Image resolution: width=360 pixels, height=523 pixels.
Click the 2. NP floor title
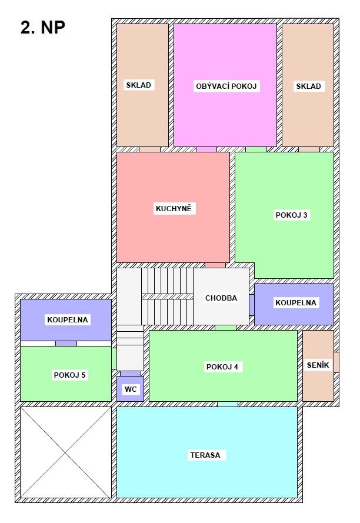pyautogui.click(x=43, y=27)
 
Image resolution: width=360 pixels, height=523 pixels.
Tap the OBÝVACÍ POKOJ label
pyautogui.click(x=226, y=86)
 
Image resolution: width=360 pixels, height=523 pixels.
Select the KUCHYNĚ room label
pyautogui.click(x=174, y=209)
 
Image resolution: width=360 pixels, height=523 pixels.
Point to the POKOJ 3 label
pyautogui.click(x=291, y=215)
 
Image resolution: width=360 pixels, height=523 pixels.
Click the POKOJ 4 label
pyautogui.click(x=222, y=367)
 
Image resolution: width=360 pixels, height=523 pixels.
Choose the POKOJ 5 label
pyautogui.click(x=70, y=375)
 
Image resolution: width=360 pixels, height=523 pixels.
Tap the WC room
pyautogui.click(x=130, y=389)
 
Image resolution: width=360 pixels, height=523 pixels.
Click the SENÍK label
pyautogui.click(x=318, y=365)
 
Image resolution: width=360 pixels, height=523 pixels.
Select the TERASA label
pyautogui.click(x=205, y=455)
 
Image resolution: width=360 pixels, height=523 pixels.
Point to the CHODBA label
pyautogui.click(x=221, y=298)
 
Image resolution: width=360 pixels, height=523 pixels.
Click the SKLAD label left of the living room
pyautogui.click(x=138, y=85)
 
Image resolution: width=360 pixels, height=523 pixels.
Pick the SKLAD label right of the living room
pyautogui.click(x=309, y=86)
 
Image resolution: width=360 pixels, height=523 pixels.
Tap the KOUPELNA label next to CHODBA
pyautogui.click(x=296, y=303)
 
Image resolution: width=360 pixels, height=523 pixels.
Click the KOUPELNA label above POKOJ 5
pyautogui.click(x=68, y=320)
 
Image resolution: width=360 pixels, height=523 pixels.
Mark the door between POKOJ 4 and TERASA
pyautogui.click(x=228, y=404)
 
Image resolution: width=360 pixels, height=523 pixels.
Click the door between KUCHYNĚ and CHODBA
pyautogui.click(x=215, y=265)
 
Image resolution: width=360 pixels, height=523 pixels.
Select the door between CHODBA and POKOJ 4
pyautogui.click(x=225, y=328)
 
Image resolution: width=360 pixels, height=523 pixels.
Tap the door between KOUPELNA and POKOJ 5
pyautogui.click(x=66, y=344)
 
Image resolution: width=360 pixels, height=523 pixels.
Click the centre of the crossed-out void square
pyautogui.click(x=66, y=452)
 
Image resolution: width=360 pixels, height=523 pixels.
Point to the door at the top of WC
pyautogui.click(x=131, y=374)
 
